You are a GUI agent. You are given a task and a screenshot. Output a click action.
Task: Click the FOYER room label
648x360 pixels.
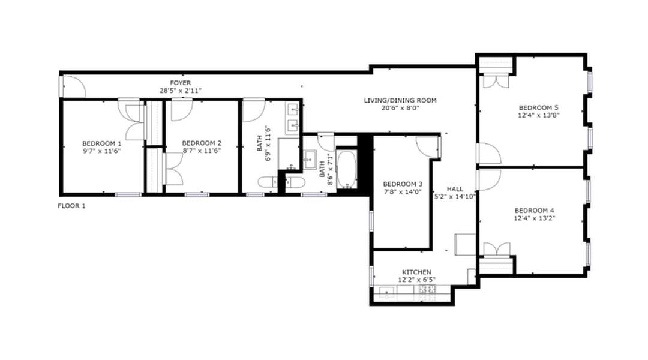(x=180, y=83)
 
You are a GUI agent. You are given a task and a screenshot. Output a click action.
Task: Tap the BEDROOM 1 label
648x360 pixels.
(x=101, y=143)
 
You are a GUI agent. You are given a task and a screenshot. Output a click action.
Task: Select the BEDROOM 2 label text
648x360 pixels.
(x=202, y=143)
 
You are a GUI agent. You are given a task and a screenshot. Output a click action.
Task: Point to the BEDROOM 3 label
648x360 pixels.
(x=403, y=184)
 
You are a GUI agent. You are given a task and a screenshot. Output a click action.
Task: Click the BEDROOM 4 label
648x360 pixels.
(x=535, y=211)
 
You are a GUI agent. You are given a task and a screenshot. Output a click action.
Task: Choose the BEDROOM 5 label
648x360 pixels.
(x=538, y=108)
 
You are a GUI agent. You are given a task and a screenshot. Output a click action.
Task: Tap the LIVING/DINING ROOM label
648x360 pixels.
(x=400, y=100)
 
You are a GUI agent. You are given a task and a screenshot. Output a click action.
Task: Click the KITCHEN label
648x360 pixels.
(x=416, y=272)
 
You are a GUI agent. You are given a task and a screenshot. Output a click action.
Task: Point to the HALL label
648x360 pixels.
(x=455, y=189)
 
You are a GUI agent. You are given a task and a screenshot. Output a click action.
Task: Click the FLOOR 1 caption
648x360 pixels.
(x=71, y=206)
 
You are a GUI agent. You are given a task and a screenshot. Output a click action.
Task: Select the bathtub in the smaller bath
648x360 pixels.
(x=346, y=169)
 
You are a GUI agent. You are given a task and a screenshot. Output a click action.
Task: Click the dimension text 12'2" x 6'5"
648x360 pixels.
(x=416, y=280)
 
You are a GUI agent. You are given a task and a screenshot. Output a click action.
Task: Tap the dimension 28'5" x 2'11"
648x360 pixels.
(x=181, y=91)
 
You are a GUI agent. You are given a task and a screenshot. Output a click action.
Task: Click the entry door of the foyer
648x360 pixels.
(x=73, y=86)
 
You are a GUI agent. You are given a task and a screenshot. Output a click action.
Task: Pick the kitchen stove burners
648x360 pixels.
(x=427, y=289)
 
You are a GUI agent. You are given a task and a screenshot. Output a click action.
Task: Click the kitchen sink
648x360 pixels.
(x=386, y=292)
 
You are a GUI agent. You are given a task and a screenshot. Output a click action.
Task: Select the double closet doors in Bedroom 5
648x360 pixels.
(x=496, y=80)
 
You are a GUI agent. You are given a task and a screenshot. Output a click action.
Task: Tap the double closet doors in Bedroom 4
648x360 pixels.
(x=497, y=249)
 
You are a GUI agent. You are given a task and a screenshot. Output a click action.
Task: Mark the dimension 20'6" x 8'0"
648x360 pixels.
(x=400, y=108)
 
